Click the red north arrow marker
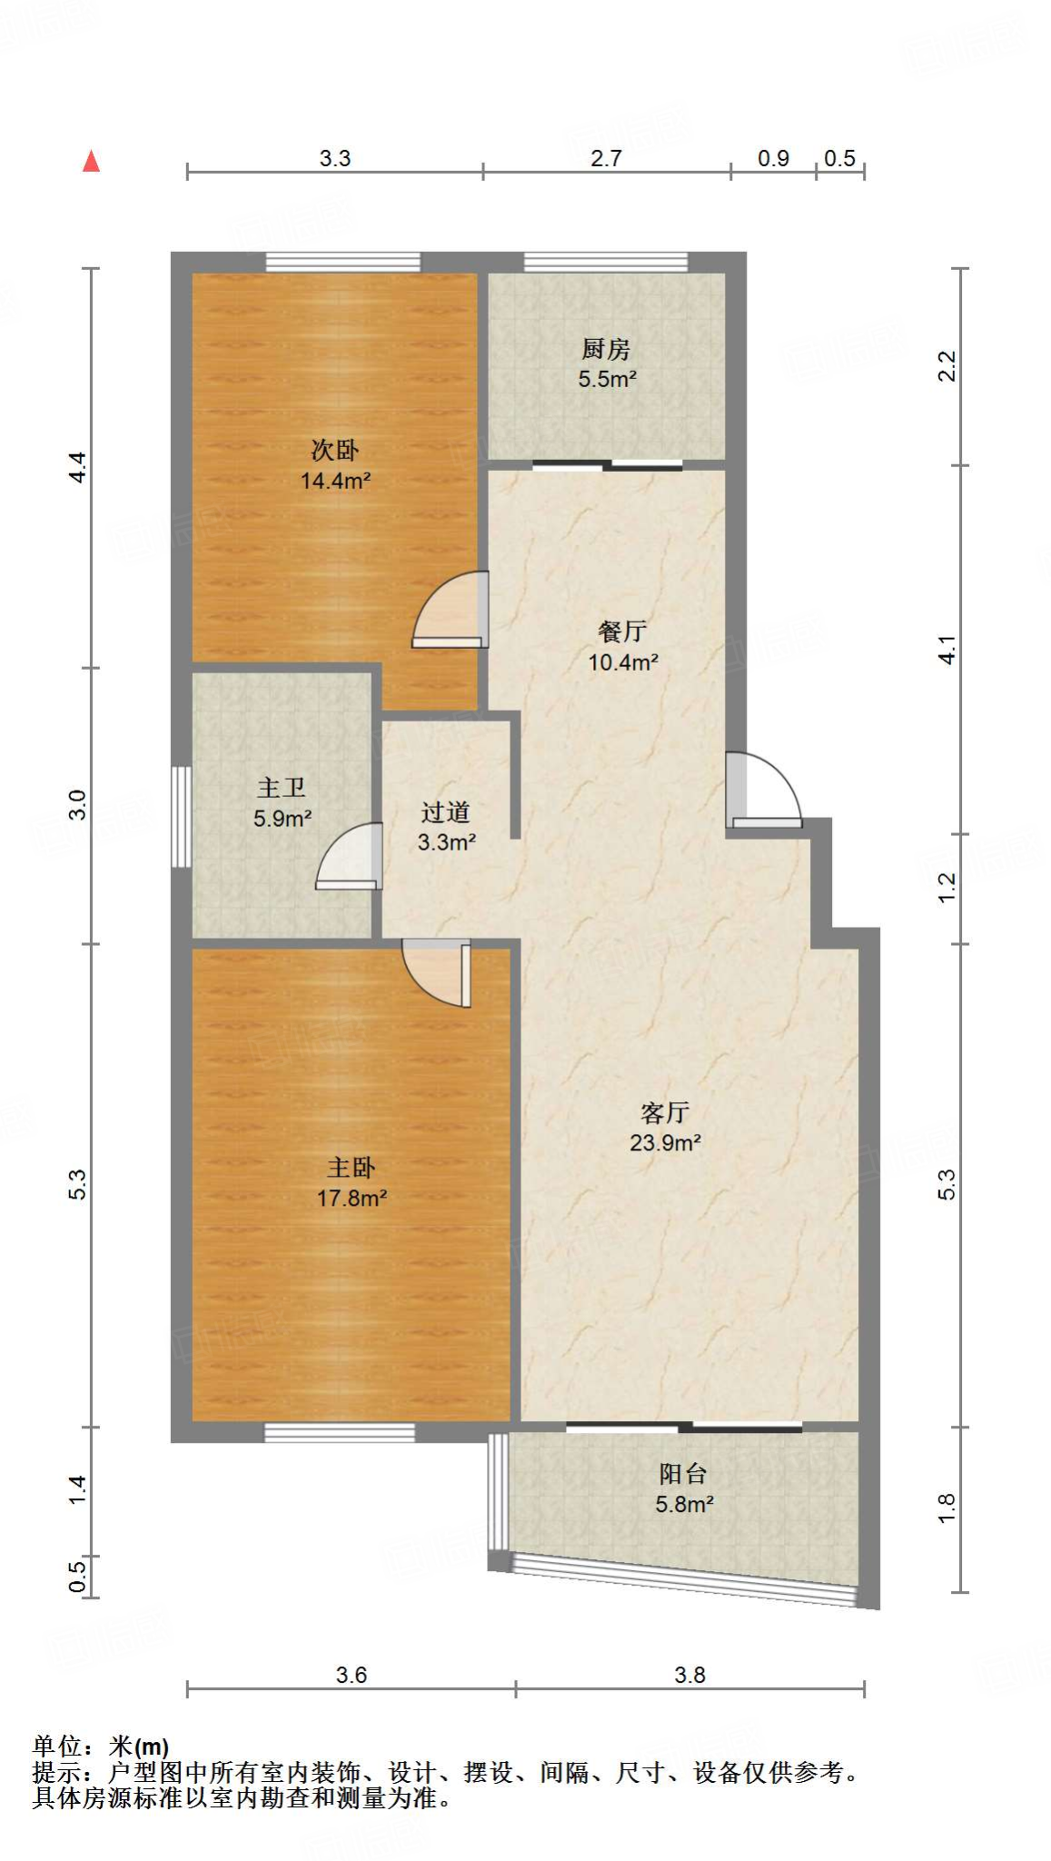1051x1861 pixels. point(91,162)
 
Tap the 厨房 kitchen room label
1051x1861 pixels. point(606,349)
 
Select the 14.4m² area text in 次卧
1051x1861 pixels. point(335,481)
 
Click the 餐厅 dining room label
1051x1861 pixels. point(622,632)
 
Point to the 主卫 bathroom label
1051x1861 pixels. point(282,788)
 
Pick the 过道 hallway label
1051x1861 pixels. point(445,811)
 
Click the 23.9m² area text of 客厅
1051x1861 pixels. point(665,1143)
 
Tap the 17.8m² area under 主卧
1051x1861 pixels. point(352,1199)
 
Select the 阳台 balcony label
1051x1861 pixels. point(683,1473)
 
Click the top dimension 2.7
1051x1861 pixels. point(606,158)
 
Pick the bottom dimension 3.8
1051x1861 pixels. point(689,1675)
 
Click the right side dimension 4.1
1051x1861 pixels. point(947,650)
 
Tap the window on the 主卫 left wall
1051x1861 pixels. point(182,816)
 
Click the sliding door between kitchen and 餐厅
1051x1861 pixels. point(607,465)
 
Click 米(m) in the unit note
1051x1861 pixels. point(139,1747)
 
